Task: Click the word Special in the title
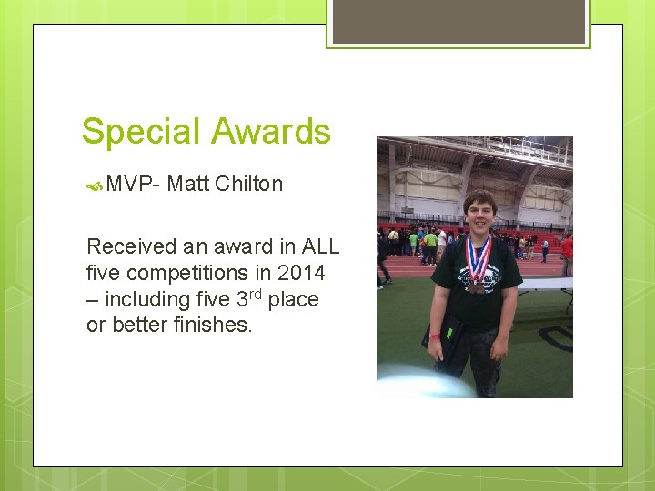click(x=138, y=132)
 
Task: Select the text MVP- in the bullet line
click(x=133, y=184)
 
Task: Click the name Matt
click(x=188, y=184)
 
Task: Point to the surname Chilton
click(x=249, y=184)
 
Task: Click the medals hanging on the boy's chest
click(x=477, y=283)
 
